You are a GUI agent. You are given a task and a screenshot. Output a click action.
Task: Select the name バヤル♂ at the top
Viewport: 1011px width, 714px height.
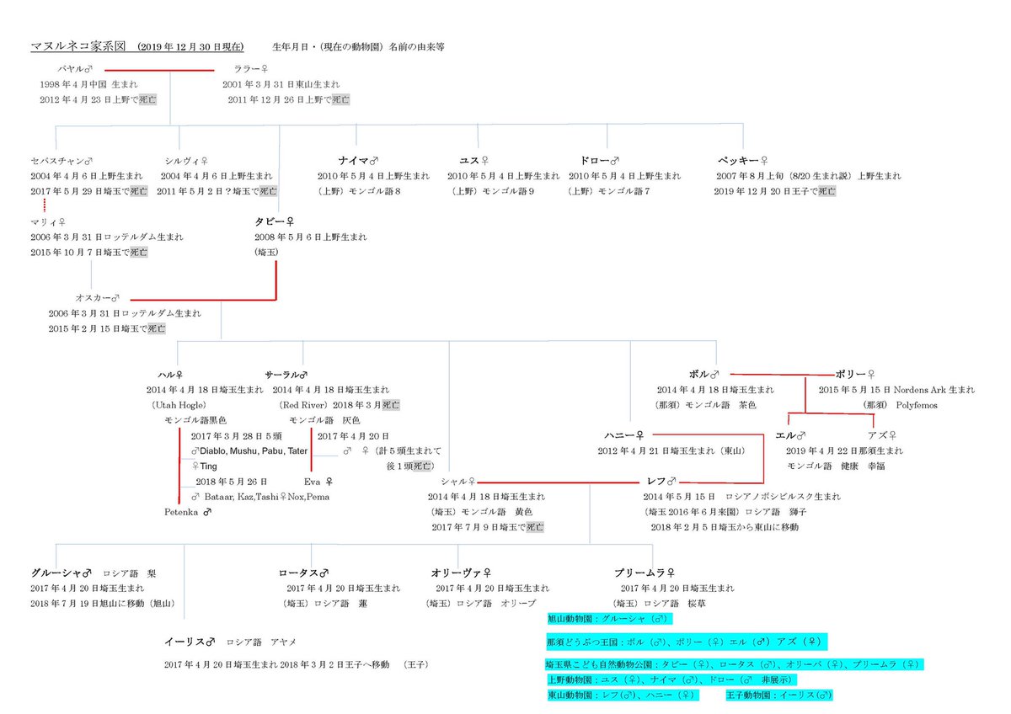click(x=74, y=69)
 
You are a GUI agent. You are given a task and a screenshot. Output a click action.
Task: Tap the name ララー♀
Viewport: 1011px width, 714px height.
click(x=252, y=69)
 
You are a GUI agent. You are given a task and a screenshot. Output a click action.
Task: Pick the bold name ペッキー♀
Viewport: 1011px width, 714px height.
click(x=743, y=159)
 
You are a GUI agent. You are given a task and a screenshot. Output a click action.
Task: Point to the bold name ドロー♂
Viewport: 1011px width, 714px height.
click(x=600, y=159)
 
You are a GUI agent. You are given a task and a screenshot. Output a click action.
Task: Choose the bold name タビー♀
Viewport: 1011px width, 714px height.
click(x=274, y=221)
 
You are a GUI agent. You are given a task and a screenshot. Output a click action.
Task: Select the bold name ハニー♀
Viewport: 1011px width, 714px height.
click(x=624, y=434)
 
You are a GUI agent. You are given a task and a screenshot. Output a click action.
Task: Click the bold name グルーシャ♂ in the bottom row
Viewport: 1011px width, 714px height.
click(x=60, y=573)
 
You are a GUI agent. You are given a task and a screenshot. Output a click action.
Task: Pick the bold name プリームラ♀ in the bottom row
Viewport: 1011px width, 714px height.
click(x=645, y=573)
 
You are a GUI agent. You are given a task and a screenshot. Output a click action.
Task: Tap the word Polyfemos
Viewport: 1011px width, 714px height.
click(x=917, y=405)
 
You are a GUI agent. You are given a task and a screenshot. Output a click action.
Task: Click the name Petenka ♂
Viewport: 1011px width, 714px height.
click(x=187, y=511)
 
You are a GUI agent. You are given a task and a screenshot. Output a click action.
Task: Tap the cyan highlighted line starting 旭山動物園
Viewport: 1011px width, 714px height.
click(x=607, y=619)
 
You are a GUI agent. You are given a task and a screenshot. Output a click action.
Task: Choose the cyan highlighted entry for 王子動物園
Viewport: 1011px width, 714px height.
click(x=778, y=695)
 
